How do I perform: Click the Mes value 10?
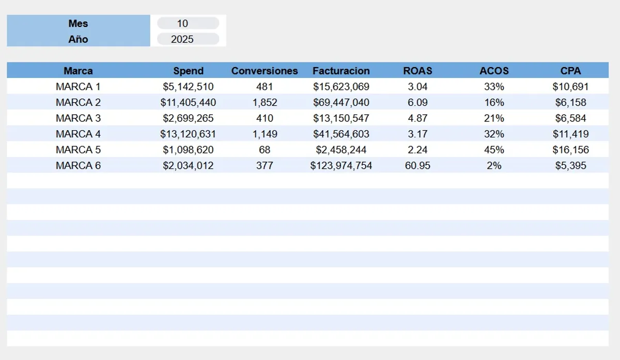182,23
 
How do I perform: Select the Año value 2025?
182,39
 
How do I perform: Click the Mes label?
78,23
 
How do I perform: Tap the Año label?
78,39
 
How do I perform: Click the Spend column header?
188,71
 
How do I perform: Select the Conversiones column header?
265,71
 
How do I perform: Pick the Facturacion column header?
341,71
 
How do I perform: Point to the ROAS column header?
417,71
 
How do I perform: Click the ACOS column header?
494,71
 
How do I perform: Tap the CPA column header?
570,71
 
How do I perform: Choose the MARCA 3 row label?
78,118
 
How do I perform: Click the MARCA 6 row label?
78,166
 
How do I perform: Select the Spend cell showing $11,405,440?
188,102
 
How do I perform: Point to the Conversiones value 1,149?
265,134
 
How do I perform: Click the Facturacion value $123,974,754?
341,166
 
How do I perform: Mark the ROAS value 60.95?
417,166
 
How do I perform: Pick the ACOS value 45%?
494,150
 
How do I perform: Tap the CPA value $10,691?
570,87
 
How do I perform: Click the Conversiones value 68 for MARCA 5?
265,150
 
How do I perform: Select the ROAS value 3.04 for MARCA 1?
417,87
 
